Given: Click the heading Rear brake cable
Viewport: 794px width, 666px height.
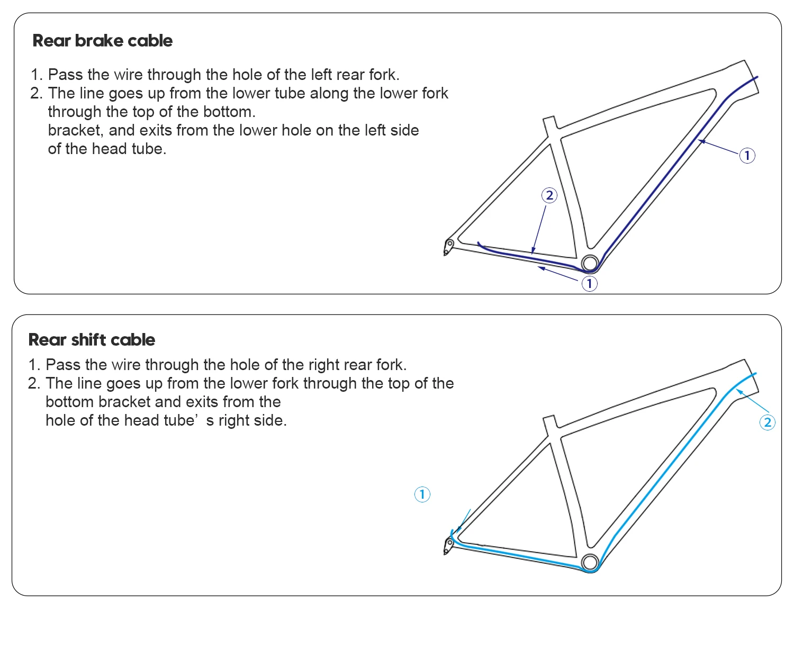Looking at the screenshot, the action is (103, 41).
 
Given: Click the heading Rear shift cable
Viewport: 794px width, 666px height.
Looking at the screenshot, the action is (92, 340).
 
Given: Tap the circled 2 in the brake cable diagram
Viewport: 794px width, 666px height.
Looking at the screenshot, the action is (549, 195).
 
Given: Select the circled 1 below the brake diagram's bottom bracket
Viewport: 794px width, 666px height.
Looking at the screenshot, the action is (589, 284).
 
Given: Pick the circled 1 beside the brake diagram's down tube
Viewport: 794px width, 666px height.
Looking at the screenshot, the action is (747, 156).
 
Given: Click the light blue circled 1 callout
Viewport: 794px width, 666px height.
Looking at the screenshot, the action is (422, 494).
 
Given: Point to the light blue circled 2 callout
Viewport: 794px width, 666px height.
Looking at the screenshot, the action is (767, 422).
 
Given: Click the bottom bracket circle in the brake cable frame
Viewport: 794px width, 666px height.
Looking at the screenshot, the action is (589, 263).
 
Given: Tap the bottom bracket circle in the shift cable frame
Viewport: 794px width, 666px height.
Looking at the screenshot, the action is (589, 562).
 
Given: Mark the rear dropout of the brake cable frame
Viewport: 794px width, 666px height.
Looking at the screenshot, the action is (448, 246).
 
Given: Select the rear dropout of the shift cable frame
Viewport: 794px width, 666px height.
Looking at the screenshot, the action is (448, 545).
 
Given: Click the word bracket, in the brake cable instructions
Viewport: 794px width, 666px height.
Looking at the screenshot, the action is (76, 130).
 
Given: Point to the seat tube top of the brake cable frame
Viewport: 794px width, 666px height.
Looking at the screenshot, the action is (549, 123).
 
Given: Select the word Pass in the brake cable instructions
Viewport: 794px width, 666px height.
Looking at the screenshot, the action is (66, 75).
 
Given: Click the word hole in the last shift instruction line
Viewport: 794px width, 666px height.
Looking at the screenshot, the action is (60, 420).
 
